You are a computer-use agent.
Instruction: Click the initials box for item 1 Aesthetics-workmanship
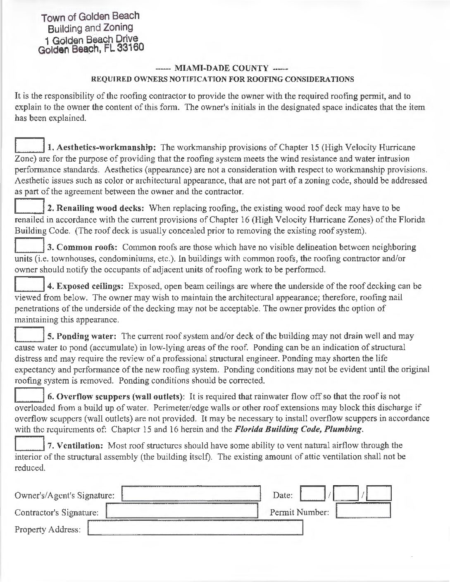point(29,144)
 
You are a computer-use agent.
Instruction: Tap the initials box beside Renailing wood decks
point(29,205)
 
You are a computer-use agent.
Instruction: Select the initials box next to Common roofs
point(29,244)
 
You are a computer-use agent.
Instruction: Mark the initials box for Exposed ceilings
point(29,283)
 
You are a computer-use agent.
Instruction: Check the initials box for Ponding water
point(29,333)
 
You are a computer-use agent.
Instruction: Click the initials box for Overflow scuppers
point(29,394)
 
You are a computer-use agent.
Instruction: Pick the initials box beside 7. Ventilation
point(29,443)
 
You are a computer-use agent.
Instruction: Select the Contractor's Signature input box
point(182,510)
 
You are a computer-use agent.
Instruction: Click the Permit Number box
point(363,510)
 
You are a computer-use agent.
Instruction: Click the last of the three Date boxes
point(379,494)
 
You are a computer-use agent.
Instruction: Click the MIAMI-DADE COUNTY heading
point(222,68)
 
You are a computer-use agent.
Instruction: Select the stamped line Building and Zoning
point(90,28)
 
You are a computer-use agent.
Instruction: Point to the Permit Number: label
point(299,513)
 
